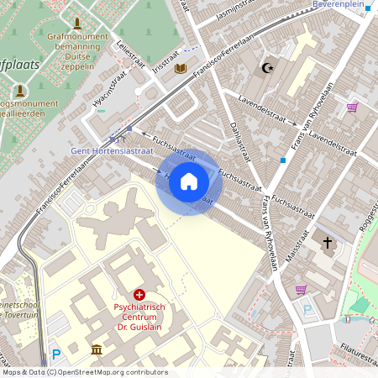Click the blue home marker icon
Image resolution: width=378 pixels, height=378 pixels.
189,181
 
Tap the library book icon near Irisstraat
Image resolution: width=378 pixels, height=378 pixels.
181,68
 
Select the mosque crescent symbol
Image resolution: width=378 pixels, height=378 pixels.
269,67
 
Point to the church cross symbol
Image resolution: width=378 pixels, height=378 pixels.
328,244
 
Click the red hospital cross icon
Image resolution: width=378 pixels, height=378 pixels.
139,295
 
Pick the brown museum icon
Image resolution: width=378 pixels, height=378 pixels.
97,349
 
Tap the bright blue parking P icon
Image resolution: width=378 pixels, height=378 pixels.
56,355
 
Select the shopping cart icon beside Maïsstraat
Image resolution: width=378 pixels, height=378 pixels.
301,290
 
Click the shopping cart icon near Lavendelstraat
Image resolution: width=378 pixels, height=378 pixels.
352,108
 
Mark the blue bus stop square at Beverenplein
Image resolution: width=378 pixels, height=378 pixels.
368,8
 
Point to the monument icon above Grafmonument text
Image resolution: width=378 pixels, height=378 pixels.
77,23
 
